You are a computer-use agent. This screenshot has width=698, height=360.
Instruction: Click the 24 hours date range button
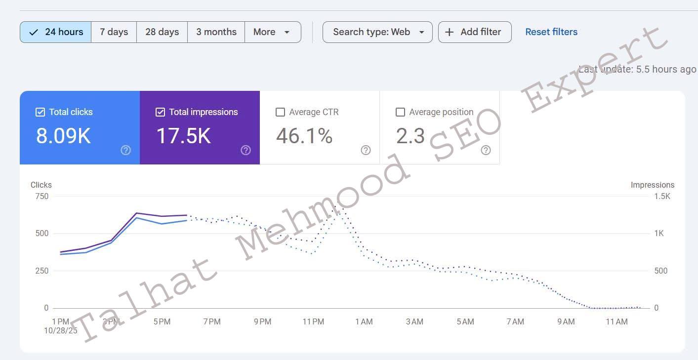(55, 32)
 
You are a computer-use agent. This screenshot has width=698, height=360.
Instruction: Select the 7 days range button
(114, 32)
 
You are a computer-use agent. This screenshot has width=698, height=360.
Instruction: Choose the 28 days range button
(162, 32)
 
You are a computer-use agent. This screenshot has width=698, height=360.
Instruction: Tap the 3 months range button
(216, 32)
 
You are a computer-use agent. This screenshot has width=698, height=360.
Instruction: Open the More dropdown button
(272, 32)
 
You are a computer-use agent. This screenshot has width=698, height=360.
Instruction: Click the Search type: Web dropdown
(377, 32)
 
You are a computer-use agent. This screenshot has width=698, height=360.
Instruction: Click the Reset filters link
(551, 32)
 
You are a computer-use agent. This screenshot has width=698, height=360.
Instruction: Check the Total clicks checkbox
(41, 112)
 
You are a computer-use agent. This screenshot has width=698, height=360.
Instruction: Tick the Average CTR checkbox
(280, 112)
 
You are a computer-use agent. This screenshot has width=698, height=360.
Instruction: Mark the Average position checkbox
(401, 112)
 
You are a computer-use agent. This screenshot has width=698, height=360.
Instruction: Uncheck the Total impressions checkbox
(160, 112)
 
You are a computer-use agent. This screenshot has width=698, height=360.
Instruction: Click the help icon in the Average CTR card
(366, 150)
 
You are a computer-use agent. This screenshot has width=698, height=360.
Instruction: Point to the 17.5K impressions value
(183, 136)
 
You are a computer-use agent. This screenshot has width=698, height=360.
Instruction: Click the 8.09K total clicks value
(63, 136)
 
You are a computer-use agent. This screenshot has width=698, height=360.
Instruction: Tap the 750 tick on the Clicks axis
(41, 197)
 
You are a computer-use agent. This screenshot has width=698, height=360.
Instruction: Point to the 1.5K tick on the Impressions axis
(662, 197)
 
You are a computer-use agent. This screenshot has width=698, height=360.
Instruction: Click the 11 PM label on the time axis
(313, 322)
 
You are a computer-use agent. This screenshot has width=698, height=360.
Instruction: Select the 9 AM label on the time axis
(566, 322)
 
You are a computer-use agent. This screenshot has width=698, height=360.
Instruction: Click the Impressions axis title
(652, 185)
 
